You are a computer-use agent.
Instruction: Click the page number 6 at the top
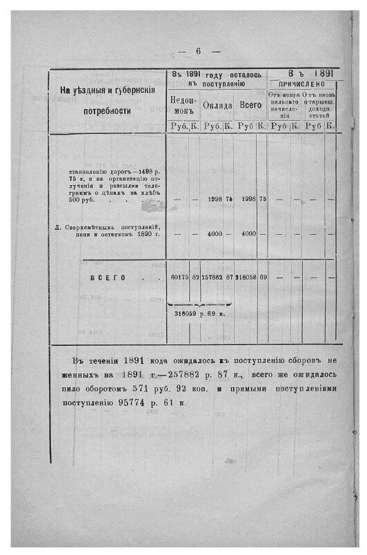[x=197, y=51]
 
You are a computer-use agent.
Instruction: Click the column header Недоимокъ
[x=183, y=104]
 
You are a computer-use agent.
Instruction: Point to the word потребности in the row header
[x=108, y=110]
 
